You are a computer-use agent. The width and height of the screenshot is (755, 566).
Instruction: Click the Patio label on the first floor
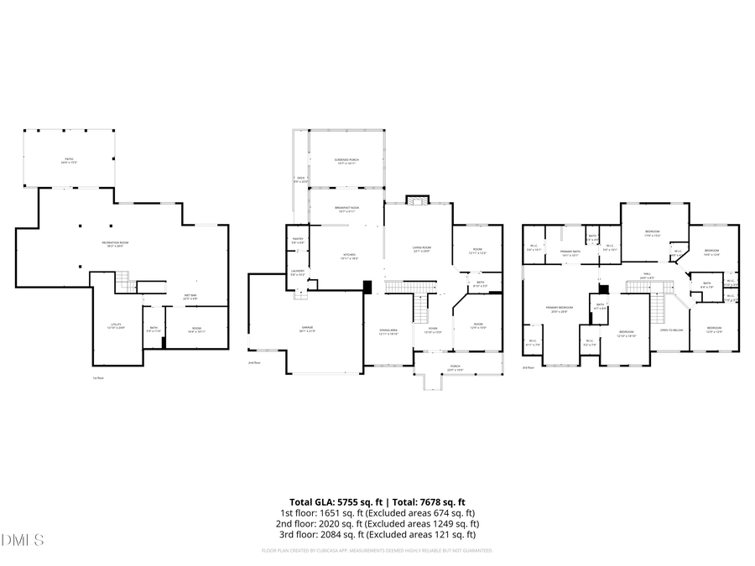pyautogui.click(x=69, y=159)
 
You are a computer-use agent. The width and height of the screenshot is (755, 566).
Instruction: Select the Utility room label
pyautogui.click(x=116, y=325)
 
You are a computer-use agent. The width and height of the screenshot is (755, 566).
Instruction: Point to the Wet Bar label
pyautogui.click(x=190, y=296)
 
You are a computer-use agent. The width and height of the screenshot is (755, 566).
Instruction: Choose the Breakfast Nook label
pyautogui.click(x=347, y=210)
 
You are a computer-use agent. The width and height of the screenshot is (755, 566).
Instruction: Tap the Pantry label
pyautogui.click(x=297, y=241)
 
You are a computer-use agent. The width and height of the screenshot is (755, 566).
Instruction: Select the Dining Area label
pyautogui.click(x=388, y=331)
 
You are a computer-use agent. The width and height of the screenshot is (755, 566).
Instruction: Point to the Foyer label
pyautogui.click(x=433, y=331)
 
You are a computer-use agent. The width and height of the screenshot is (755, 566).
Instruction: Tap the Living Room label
pyautogui.click(x=421, y=249)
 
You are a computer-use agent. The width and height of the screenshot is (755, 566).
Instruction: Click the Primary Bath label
pyautogui.click(x=570, y=252)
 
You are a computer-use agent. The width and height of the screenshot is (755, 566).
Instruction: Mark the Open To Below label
pyautogui.click(x=670, y=330)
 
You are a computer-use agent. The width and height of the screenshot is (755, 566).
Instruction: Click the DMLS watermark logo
pyautogui.click(x=23, y=538)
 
